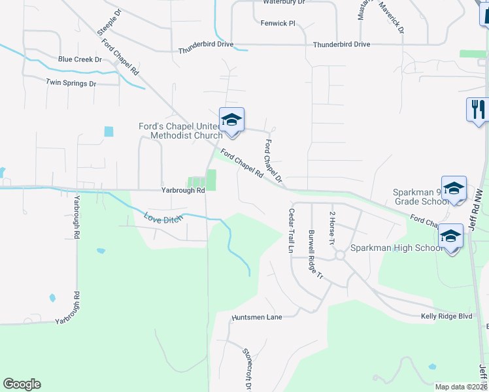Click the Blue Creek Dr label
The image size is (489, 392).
click(x=80, y=59)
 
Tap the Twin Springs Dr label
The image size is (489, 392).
click(x=71, y=84)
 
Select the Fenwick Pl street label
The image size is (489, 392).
click(x=279, y=23)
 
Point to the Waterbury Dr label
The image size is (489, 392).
click(x=284, y=3)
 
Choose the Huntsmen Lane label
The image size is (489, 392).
click(x=257, y=317)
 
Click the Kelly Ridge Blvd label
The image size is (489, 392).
click(x=447, y=316)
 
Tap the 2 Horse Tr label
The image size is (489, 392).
click(x=332, y=228)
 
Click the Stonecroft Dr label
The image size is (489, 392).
click(x=247, y=368)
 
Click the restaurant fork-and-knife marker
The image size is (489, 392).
click(x=478, y=109)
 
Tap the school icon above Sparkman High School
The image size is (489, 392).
click(x=450, y=237)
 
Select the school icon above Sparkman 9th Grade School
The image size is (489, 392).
click(x=454, y=188)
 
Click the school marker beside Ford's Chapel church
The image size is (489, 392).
click(x=231, y=120)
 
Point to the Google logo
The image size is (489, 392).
click(x=22, y=384)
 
